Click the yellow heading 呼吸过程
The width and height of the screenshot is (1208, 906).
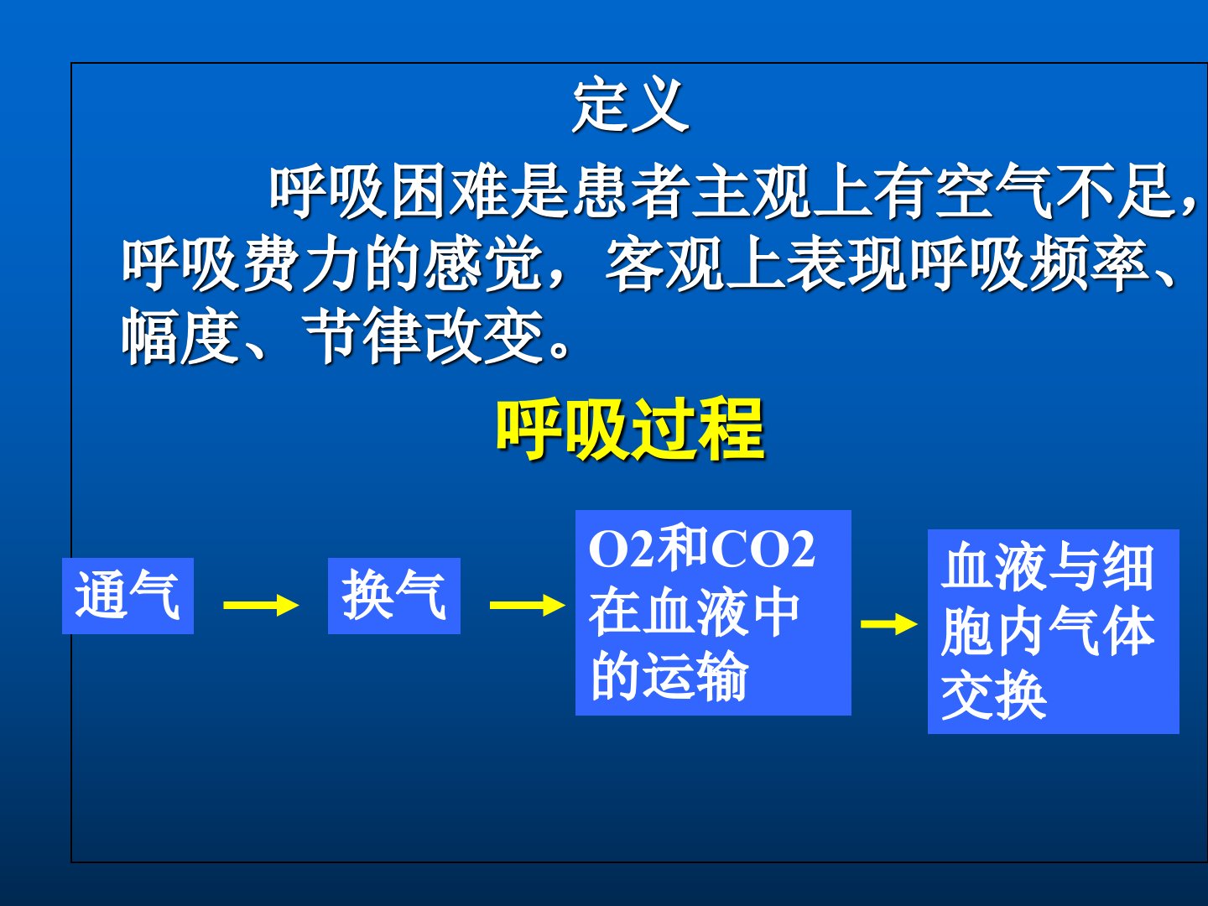coord(631,430)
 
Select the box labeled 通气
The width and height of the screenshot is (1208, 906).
coord(128,596)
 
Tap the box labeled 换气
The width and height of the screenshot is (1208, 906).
coord(394,596)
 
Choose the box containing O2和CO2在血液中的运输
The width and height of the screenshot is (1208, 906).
coord(713,612)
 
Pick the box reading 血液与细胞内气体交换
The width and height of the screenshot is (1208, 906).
coord(1054,632)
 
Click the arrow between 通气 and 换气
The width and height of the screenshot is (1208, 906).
coord(261,606)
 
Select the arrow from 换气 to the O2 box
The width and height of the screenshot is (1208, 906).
coord(527,606)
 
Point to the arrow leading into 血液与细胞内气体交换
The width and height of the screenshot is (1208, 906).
coord(889,624)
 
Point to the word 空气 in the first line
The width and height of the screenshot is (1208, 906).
coord(994,192)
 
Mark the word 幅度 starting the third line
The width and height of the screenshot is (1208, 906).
coord(181,336)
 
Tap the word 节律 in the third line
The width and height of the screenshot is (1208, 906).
coord(362,336)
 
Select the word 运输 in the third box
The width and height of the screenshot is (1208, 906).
coord(695,677)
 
